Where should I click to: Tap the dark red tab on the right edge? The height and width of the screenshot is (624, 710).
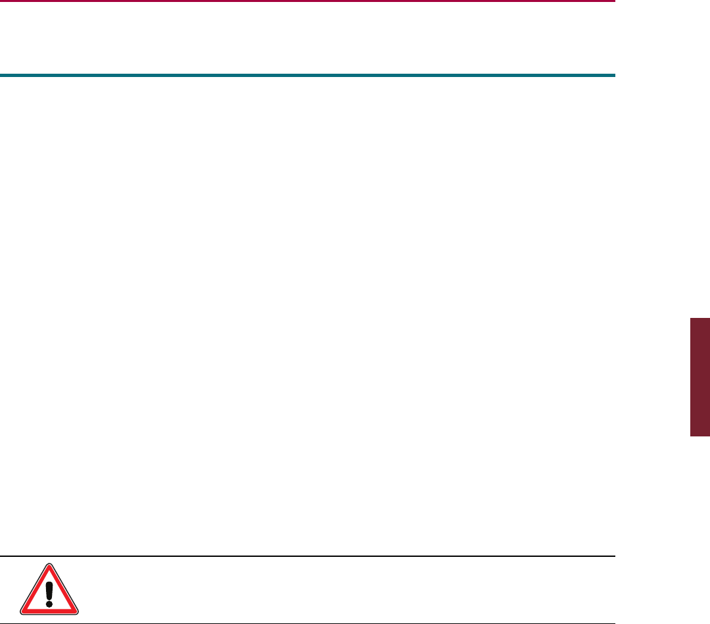(699, 377)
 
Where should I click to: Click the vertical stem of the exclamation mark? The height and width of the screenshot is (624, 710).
(49, 588)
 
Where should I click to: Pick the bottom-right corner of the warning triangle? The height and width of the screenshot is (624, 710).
(77, 613)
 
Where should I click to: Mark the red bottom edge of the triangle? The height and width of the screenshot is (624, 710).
(49, 612)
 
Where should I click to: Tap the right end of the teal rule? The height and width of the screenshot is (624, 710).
(613, 75)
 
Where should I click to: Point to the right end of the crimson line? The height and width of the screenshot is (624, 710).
(613, 1)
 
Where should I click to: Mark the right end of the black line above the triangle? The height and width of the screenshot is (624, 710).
(613, 556)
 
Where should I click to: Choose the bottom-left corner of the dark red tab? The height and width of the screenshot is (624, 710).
(690, 436)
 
